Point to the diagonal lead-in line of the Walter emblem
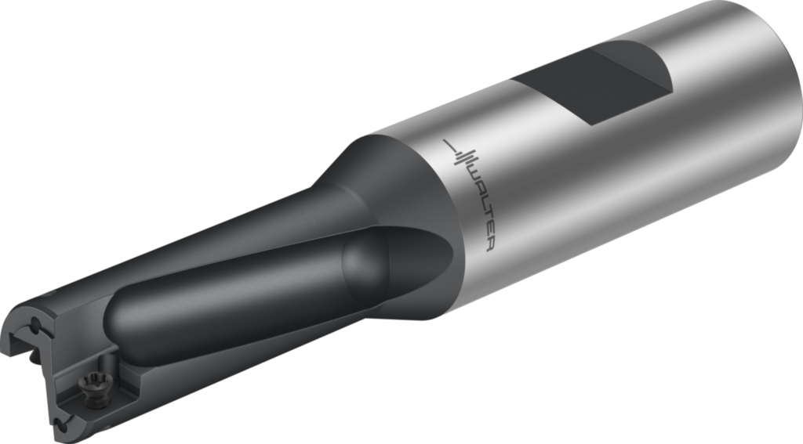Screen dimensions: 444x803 click(450, 145)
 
